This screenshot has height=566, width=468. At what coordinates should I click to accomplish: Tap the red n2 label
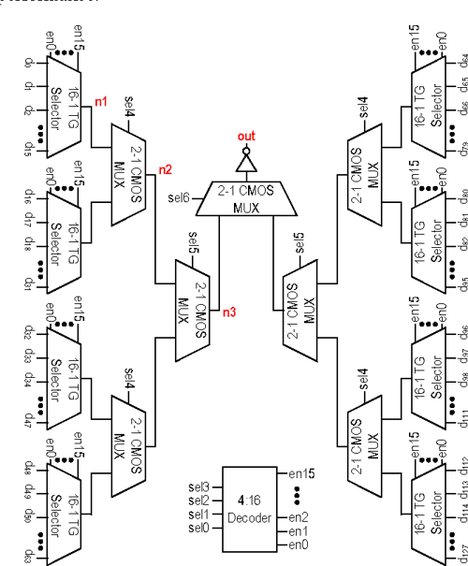[x=165, y=169]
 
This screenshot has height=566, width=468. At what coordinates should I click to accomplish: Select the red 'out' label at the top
[x=246, y=137]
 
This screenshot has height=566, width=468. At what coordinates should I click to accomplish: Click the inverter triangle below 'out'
[x=245, y=166]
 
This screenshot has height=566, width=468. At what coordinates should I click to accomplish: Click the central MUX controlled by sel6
[x=245, y=200]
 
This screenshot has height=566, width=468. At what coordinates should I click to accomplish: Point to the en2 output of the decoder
[x=299, y=516]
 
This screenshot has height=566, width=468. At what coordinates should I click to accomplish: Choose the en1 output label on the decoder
[x=299, y=530]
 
